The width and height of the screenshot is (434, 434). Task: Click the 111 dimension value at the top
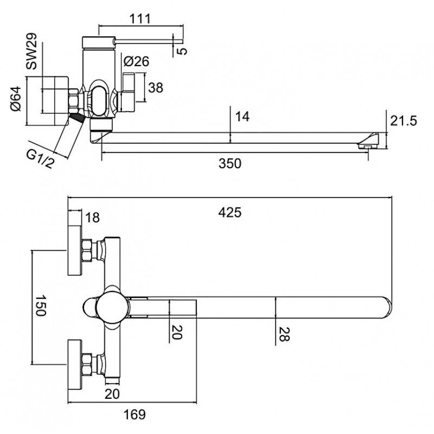(140, 18)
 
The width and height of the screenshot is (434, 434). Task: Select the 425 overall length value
(231, 212)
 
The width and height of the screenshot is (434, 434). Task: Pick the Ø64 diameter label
(17, 99)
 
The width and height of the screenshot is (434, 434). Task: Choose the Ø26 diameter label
(136, 62)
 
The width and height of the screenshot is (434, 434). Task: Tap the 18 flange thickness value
(93, 218)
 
